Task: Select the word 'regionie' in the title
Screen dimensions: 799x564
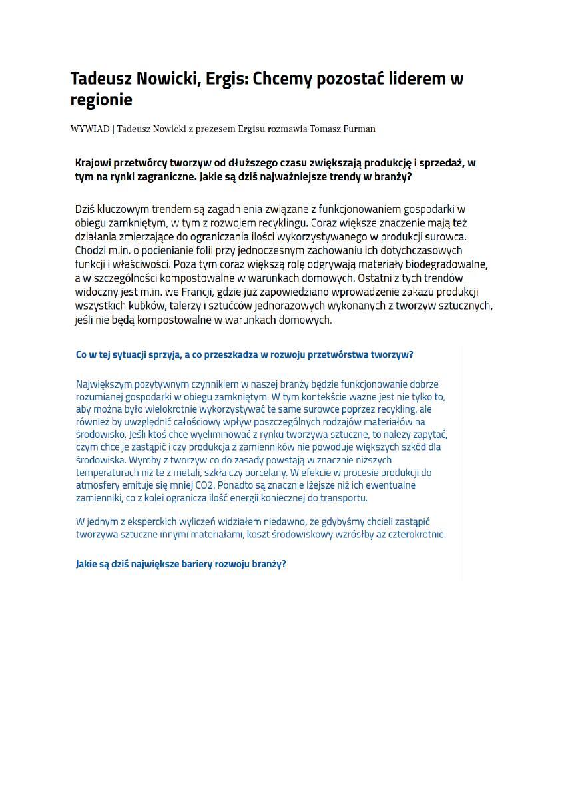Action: (x=101, y=100)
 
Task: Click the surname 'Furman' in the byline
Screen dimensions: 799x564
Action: (x=360, y=129)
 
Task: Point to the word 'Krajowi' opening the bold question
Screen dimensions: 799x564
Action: (x=93, y=163)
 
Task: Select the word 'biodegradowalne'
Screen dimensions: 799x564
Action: (x=450, y=264)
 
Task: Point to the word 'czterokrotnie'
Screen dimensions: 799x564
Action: (x=416, y=534)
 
